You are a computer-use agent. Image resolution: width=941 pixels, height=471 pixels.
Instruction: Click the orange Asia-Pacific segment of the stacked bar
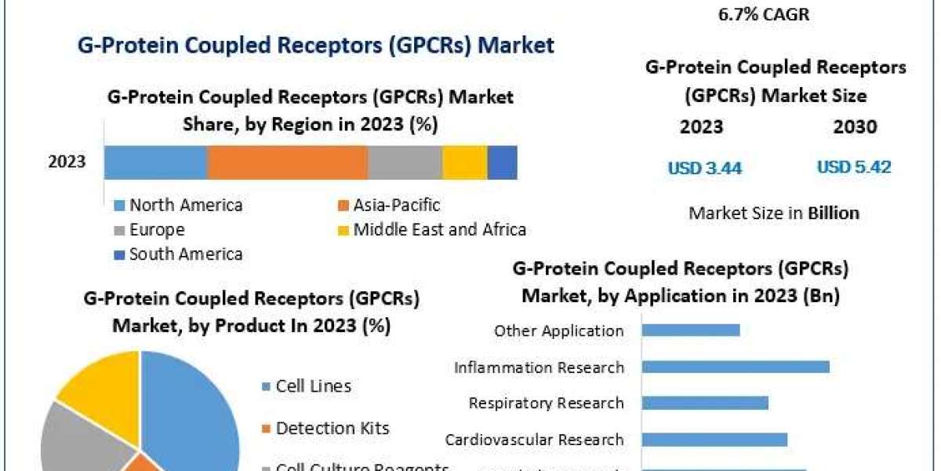pos(287,162)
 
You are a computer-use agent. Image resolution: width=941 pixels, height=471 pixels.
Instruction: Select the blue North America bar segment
pos(155,162)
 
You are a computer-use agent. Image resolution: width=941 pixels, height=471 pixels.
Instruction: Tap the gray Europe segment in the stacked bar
pos(405,162)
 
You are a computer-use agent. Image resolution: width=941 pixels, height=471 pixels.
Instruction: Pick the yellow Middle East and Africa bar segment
pos(465,162)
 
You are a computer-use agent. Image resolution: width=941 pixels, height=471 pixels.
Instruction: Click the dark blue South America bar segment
pos(502,162)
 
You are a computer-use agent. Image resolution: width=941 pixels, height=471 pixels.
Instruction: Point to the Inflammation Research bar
pos(736,367)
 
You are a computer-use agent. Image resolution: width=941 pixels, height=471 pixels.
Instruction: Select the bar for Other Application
pos(691,330)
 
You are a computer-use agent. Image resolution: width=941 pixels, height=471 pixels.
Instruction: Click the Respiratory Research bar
pos(705,403)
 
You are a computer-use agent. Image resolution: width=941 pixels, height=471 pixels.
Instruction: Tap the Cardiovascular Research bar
pos(714,439)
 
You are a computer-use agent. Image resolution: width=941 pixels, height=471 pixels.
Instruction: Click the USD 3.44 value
pos(704,168)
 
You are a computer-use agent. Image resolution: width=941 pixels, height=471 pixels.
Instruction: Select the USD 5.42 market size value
pos(854,167)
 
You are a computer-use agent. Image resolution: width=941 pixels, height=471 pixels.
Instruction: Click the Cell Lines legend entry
pos(313,386)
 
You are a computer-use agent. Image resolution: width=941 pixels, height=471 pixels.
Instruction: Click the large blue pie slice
pos(192,408)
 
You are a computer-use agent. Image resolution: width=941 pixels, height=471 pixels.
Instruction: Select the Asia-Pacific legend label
pos(396,206)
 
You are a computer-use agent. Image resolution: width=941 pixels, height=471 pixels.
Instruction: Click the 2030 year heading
pos(856,127)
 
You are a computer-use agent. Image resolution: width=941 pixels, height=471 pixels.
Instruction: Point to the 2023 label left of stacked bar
pos(67,162)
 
